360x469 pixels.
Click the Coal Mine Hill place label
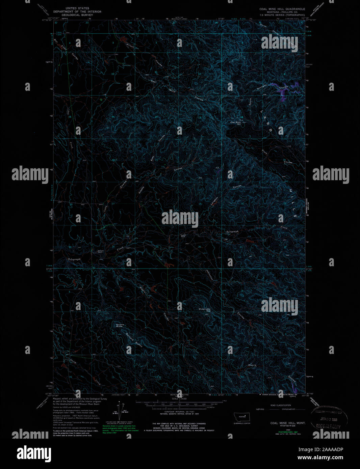236,123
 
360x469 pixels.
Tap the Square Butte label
120,325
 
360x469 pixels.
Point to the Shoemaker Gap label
204,310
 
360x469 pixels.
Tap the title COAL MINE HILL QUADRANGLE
282,9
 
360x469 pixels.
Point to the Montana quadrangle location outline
241,416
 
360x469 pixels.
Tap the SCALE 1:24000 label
179,398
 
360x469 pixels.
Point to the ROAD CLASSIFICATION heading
280,405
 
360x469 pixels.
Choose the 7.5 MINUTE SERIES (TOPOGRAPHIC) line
282,15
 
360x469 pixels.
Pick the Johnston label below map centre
209,274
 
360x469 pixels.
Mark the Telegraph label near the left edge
74,259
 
